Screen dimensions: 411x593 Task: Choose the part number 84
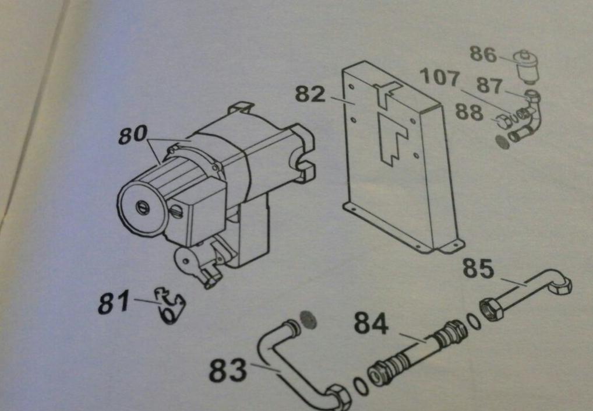[x=371, y=324]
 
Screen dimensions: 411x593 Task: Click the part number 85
[x=478, y=269]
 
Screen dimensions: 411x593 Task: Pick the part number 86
[x=483, y=56]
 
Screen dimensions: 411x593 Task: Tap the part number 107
[x=439, y=78]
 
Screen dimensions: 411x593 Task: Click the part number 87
[x=489, y=85]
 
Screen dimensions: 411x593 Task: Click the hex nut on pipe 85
[x=492, y=307]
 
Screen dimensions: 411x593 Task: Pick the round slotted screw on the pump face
[x=142, y=208]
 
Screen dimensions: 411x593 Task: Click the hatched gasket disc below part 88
[x=500, y=141]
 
